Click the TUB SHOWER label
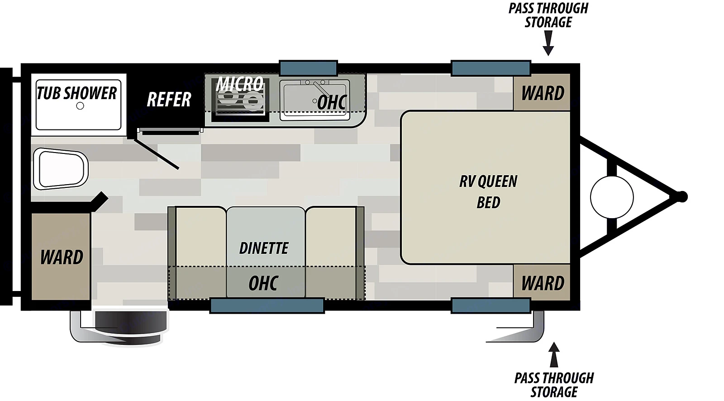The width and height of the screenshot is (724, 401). click(x=77, y=93)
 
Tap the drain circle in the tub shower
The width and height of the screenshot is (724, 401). click(x=80, y=106)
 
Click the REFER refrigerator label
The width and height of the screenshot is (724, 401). click(x=169, y=100)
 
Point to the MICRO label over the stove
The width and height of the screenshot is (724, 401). click(x=239, y=84)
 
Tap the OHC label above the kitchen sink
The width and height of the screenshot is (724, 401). click(x=332, y=103)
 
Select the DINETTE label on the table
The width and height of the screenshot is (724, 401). click(x=264, y=248)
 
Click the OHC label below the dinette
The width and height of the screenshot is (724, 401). click(x=263, y=283)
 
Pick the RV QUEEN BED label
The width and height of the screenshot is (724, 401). click(x=488, y=191)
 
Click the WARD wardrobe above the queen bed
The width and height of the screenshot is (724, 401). click(x=542, y=93)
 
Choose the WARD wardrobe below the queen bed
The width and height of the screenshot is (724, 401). click(x=542, y=283)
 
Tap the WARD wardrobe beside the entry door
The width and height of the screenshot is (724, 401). click(x=62, y=257)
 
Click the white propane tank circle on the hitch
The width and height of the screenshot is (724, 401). click(x=611, y=197)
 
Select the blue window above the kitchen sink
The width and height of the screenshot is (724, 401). click(x=308, y=68)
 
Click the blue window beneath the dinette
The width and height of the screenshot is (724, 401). click(x=267, y=306)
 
